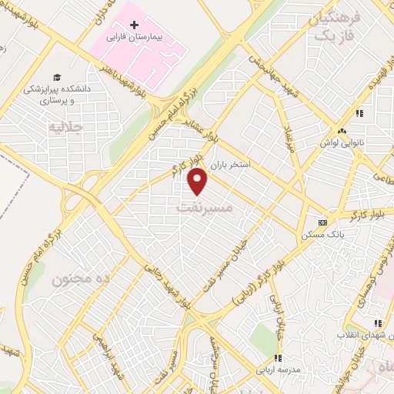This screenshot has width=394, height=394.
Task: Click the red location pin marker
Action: (199, 182)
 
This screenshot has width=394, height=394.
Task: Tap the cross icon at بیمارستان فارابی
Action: (135, 25)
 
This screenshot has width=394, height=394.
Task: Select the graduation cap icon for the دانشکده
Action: (56, 76)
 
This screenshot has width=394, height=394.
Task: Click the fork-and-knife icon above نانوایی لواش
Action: (359, 113)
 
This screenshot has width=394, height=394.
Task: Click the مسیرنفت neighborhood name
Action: (202, 208)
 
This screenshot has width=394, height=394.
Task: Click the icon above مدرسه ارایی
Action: (278, 358)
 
